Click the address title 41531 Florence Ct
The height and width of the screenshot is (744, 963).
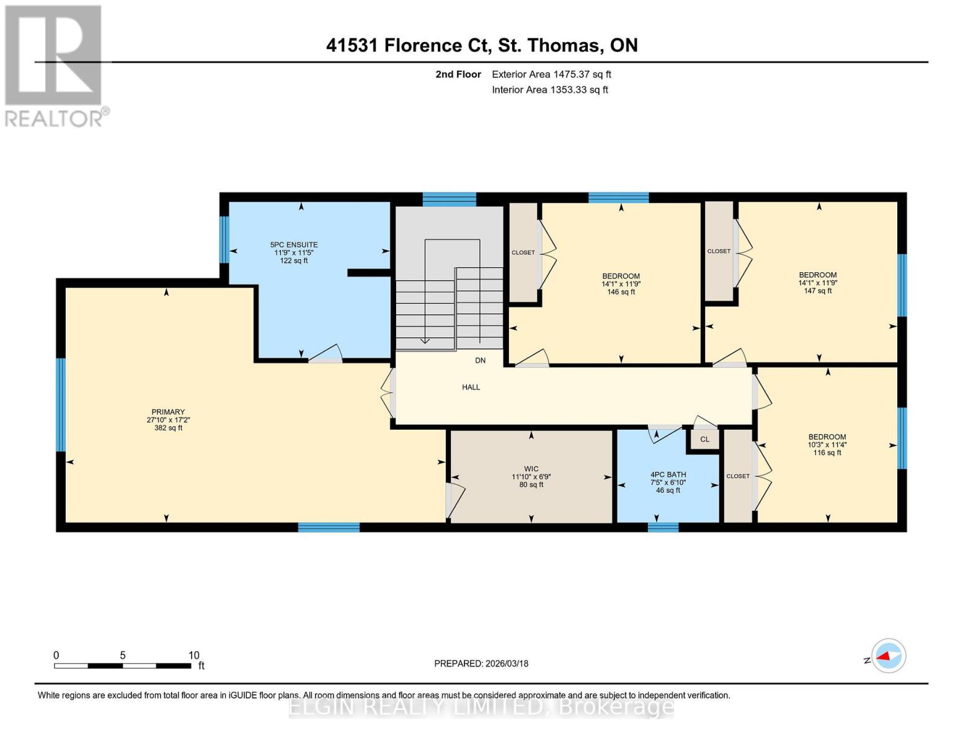click(482, 45)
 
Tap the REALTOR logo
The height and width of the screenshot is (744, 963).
click(55, 66)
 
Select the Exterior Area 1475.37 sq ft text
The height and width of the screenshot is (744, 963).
click(551, 74)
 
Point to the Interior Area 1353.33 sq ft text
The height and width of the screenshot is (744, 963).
click(549, 90)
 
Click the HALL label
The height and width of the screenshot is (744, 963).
click(471, 387)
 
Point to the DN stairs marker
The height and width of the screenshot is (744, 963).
click(480, 360)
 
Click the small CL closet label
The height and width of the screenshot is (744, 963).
click(704, 440)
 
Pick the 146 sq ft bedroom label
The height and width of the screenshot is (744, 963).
click(621, 284)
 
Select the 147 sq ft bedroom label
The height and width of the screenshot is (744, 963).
click(817, 283)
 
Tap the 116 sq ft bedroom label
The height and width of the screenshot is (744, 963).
click(827, 445)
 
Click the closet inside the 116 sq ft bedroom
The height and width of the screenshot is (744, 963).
click(738, 476)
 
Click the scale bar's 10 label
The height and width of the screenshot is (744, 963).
click(193, 655)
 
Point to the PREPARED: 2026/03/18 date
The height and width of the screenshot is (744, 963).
click(481, 663)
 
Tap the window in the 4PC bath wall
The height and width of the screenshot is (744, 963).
click(663, 528)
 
